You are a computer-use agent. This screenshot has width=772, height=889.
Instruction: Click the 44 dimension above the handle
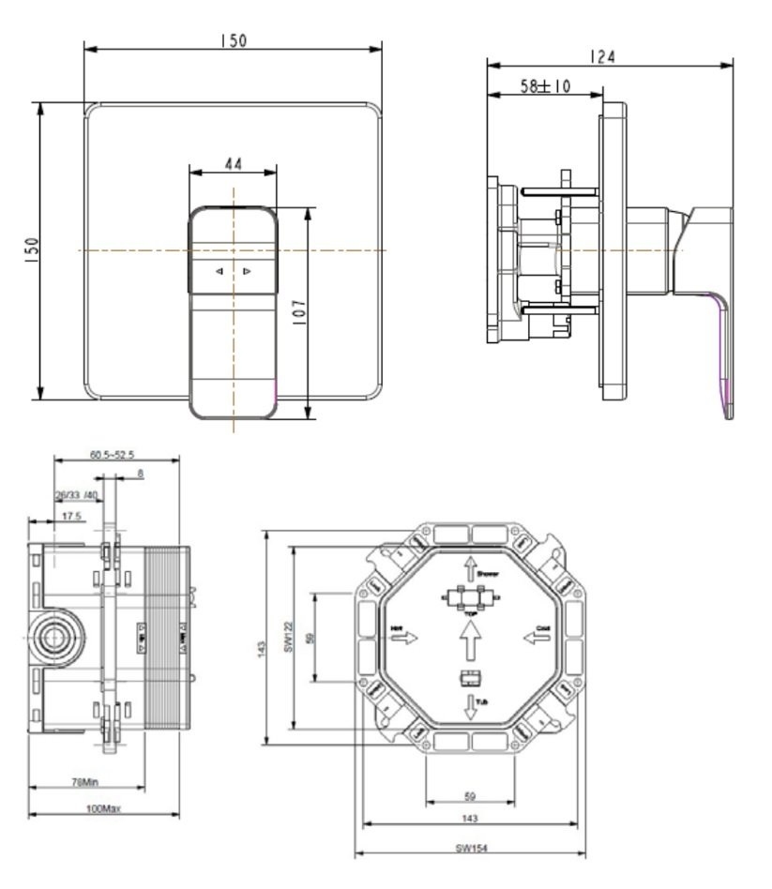point(233,164)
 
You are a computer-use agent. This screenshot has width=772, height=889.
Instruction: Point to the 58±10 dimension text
point(547,86)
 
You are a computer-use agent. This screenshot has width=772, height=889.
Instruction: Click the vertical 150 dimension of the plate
point(30,249)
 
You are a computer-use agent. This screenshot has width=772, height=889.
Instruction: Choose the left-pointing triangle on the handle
point(218,272)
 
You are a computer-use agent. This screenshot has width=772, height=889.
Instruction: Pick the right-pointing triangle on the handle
point(247,272)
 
